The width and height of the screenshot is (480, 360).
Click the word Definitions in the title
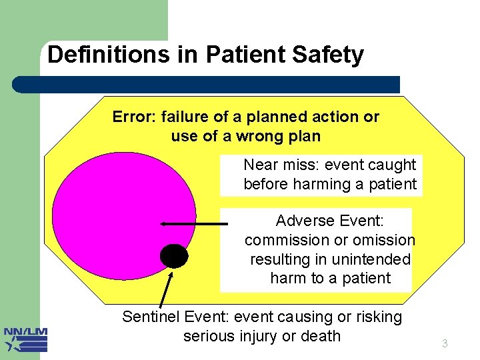(x=108, y=55)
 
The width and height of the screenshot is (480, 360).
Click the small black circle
(x=174, y=255)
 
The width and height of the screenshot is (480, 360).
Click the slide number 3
(x=445, y=344)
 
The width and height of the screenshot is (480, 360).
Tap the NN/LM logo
(x=25, y=339)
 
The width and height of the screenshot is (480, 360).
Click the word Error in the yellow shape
(x=132, y=117)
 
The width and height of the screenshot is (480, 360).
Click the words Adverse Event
(x=329, y=221)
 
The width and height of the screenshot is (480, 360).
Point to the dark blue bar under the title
(x=207, y=85)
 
